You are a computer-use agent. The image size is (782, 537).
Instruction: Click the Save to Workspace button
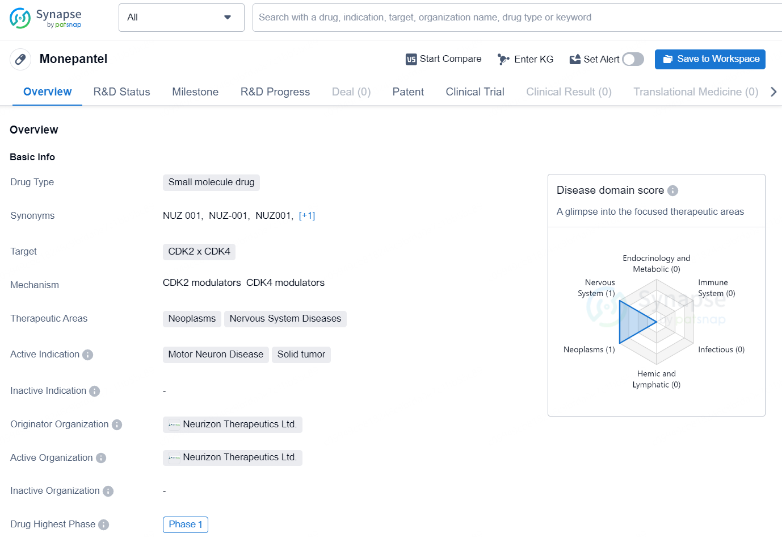(710, 59)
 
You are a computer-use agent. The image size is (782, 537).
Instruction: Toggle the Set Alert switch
(633, 59)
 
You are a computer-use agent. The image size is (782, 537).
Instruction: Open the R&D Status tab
(121, 91)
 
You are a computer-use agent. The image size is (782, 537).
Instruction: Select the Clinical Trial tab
(475, 91)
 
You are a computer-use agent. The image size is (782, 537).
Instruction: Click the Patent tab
(408, 91)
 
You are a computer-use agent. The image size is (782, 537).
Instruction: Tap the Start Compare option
(443, 59)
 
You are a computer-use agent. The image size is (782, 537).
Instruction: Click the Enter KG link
(525, 59)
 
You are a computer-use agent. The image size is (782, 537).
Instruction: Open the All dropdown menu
(181, 18)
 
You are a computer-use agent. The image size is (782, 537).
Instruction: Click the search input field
(516, 18)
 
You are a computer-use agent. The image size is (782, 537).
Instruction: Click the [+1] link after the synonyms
(307, 215)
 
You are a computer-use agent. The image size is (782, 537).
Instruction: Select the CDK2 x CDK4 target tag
(199, 252)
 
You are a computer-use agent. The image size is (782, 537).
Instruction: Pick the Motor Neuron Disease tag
(216, 355)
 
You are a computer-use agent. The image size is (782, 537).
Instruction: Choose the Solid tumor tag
(301, 355)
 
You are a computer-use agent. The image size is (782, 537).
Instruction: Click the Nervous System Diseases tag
(285, 319)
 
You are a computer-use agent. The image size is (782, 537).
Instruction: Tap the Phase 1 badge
(186, 524)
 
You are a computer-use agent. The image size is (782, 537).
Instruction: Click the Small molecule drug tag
(211, 182)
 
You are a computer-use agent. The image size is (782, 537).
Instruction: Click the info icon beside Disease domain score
(672, 190)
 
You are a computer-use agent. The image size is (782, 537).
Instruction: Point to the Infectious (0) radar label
(721, 349)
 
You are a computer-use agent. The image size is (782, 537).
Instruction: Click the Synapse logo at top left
(45, 18)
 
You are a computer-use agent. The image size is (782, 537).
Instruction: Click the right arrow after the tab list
(773, 91)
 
